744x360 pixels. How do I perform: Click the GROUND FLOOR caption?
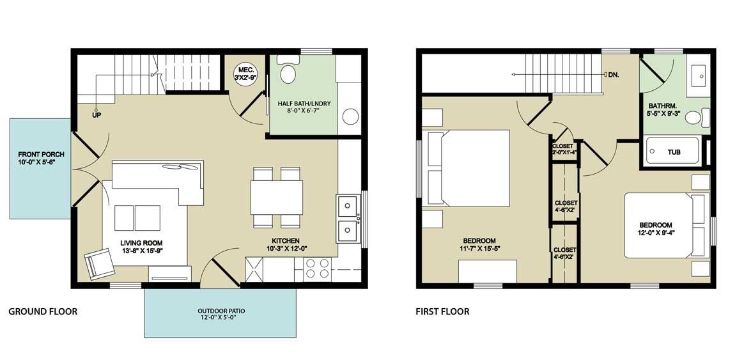click(x=43, y=311)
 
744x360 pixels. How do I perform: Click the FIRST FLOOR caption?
click(x=442, y=311)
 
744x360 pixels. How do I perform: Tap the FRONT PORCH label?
click(x=41, y=158)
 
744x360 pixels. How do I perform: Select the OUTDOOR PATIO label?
click(x=221, y=315)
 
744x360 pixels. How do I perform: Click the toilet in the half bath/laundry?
click(x=288, y=70)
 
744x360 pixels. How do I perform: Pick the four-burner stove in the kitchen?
click(x=318, y=269)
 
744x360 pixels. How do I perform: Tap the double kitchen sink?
click(x=348, y=218)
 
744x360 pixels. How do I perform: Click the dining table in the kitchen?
click(x=277, y=197)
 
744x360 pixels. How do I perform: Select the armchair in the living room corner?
click(x=100, y=263)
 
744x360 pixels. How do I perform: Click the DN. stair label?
click(x=612, y=75)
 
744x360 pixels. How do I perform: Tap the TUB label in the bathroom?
click(x=674, y=152)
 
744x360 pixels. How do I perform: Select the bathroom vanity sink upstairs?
click(x=698, y=75)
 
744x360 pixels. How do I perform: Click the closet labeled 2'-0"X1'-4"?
click(x=564, y=149)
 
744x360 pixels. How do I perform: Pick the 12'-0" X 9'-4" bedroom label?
click(x=656, y=229)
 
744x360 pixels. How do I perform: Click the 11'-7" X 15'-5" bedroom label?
click(x=480, y=244)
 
